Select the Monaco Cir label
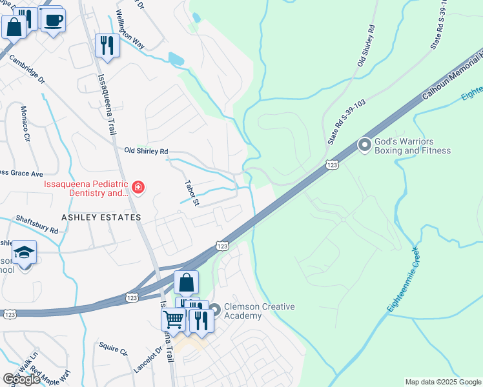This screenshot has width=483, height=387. (x=26, y=124)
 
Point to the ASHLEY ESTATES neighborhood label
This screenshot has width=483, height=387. (x=101, y=217)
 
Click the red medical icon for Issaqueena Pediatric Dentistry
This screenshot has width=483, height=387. (x=138, y=188)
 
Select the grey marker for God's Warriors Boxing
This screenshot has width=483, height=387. (x=365, y=146)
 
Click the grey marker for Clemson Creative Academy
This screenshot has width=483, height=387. (x=214, y=311)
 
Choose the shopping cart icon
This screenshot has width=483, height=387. (x=174, y=319)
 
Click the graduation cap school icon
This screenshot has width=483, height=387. (x=24, y=252)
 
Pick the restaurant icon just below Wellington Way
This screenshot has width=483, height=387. (x=107, y=45)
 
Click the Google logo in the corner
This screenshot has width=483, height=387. (x=22, y=379)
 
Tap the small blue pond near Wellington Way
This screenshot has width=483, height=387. (x=175, y=60)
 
